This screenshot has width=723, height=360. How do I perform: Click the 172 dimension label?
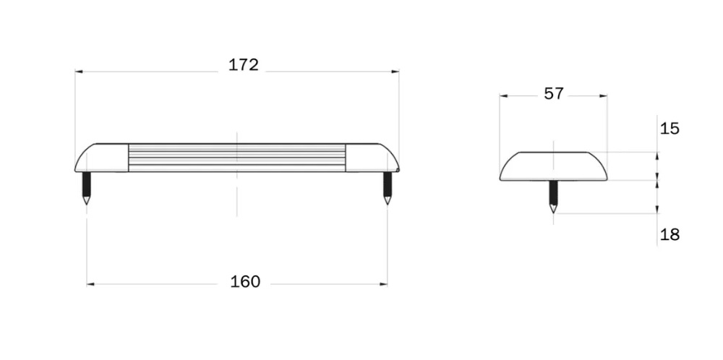point(244,65)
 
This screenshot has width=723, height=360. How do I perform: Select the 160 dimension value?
point(245,282)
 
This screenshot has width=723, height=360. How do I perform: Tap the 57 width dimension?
point(554,93)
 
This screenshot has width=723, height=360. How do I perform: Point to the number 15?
point(669,129)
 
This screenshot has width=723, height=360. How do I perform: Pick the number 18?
point(670,235)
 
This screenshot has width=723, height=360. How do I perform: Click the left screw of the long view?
point(86,188)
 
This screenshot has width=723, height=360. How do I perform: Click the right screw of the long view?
point(388,188)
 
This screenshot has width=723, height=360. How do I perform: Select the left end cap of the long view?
point(101,158)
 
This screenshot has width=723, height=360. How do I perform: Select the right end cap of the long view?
point(372,158)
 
